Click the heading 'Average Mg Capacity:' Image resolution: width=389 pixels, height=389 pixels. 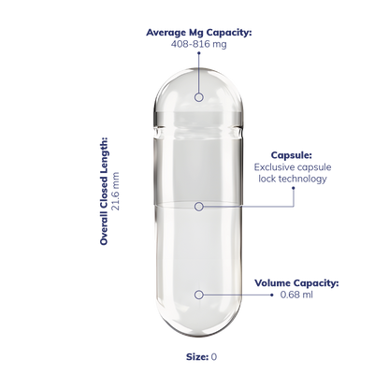coord(199,33)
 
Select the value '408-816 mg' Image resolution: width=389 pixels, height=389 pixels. coord(199,44)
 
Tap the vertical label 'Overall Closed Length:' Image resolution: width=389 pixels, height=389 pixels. coord(104,191)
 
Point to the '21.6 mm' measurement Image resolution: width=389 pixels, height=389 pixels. coord(116,191)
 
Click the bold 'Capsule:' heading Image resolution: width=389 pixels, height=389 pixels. coord(292,155)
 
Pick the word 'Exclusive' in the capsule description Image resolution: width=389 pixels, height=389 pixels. coord(272,167)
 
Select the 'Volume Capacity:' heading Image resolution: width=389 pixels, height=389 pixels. coord(296,283)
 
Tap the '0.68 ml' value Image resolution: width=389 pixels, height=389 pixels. coord(296,295)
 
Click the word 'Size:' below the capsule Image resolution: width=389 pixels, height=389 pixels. coord(197,357)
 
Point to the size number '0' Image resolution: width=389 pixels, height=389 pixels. coord(214,357)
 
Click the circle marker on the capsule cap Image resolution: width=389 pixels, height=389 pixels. coord(199,97)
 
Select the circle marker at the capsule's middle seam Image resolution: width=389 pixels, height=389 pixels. coord(199,207)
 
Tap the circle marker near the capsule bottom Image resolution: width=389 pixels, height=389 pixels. coord(199,295)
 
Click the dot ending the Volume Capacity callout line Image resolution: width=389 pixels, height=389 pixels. coord(272,295)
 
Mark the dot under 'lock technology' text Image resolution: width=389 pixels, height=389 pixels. coord(293,188)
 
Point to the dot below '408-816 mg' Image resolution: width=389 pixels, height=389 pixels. coord(199,53)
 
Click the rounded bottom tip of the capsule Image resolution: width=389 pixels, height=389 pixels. coord(198,334)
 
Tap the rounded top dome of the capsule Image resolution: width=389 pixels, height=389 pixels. coord(198,71)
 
